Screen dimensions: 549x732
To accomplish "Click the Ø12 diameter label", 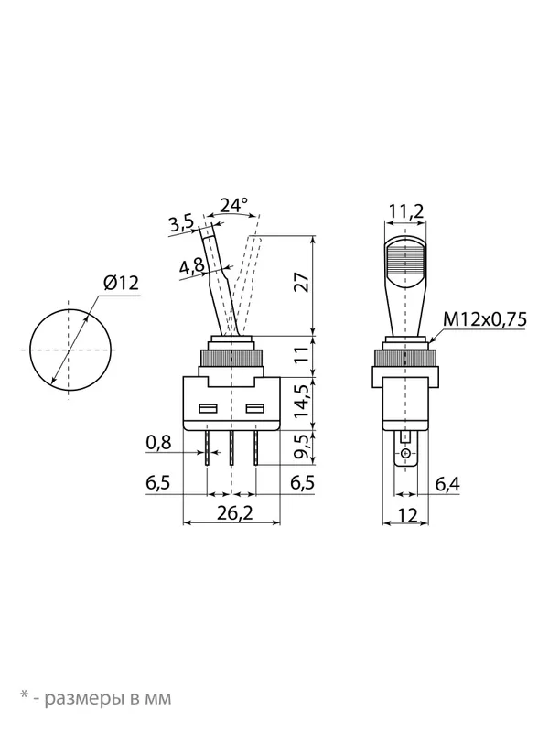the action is click(x=122, y=283).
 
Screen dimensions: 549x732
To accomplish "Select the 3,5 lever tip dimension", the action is click(x=181, y=223).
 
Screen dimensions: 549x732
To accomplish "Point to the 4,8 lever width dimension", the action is click(x=192, y=267).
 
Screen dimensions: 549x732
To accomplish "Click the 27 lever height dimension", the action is click(x=304, y=282).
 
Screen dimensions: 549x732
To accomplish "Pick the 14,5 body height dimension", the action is click(x=303, y=401).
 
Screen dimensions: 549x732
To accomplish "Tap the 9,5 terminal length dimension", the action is click(x=303, y=447).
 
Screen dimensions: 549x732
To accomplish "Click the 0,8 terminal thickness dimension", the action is click(x=158, y=442).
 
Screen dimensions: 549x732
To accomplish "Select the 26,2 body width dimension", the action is click(x=235, y=513).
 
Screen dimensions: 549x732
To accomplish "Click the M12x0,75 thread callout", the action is click(x=485, y=319).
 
